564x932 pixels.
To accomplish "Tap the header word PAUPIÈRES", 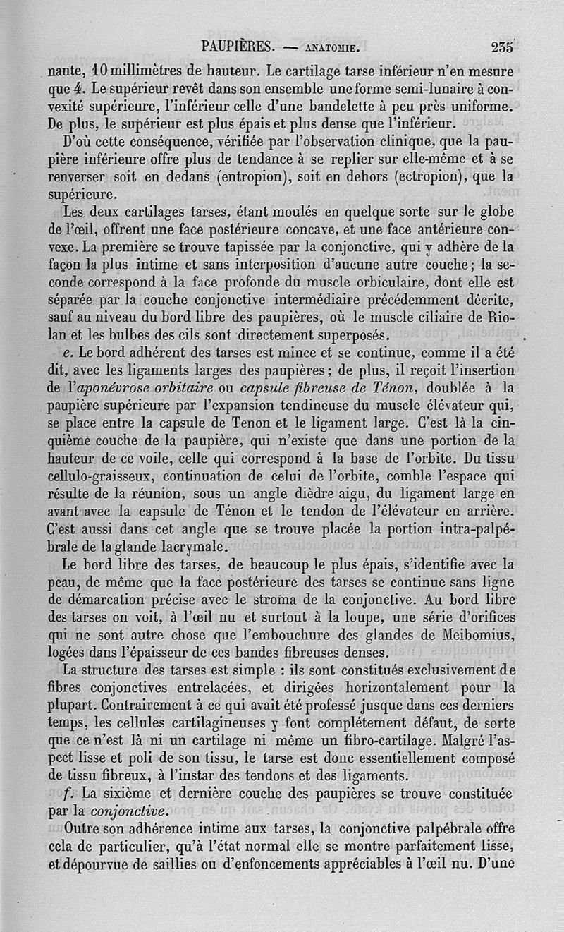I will [x=238, y=47].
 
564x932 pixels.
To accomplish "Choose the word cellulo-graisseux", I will [x=108, y=474].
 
